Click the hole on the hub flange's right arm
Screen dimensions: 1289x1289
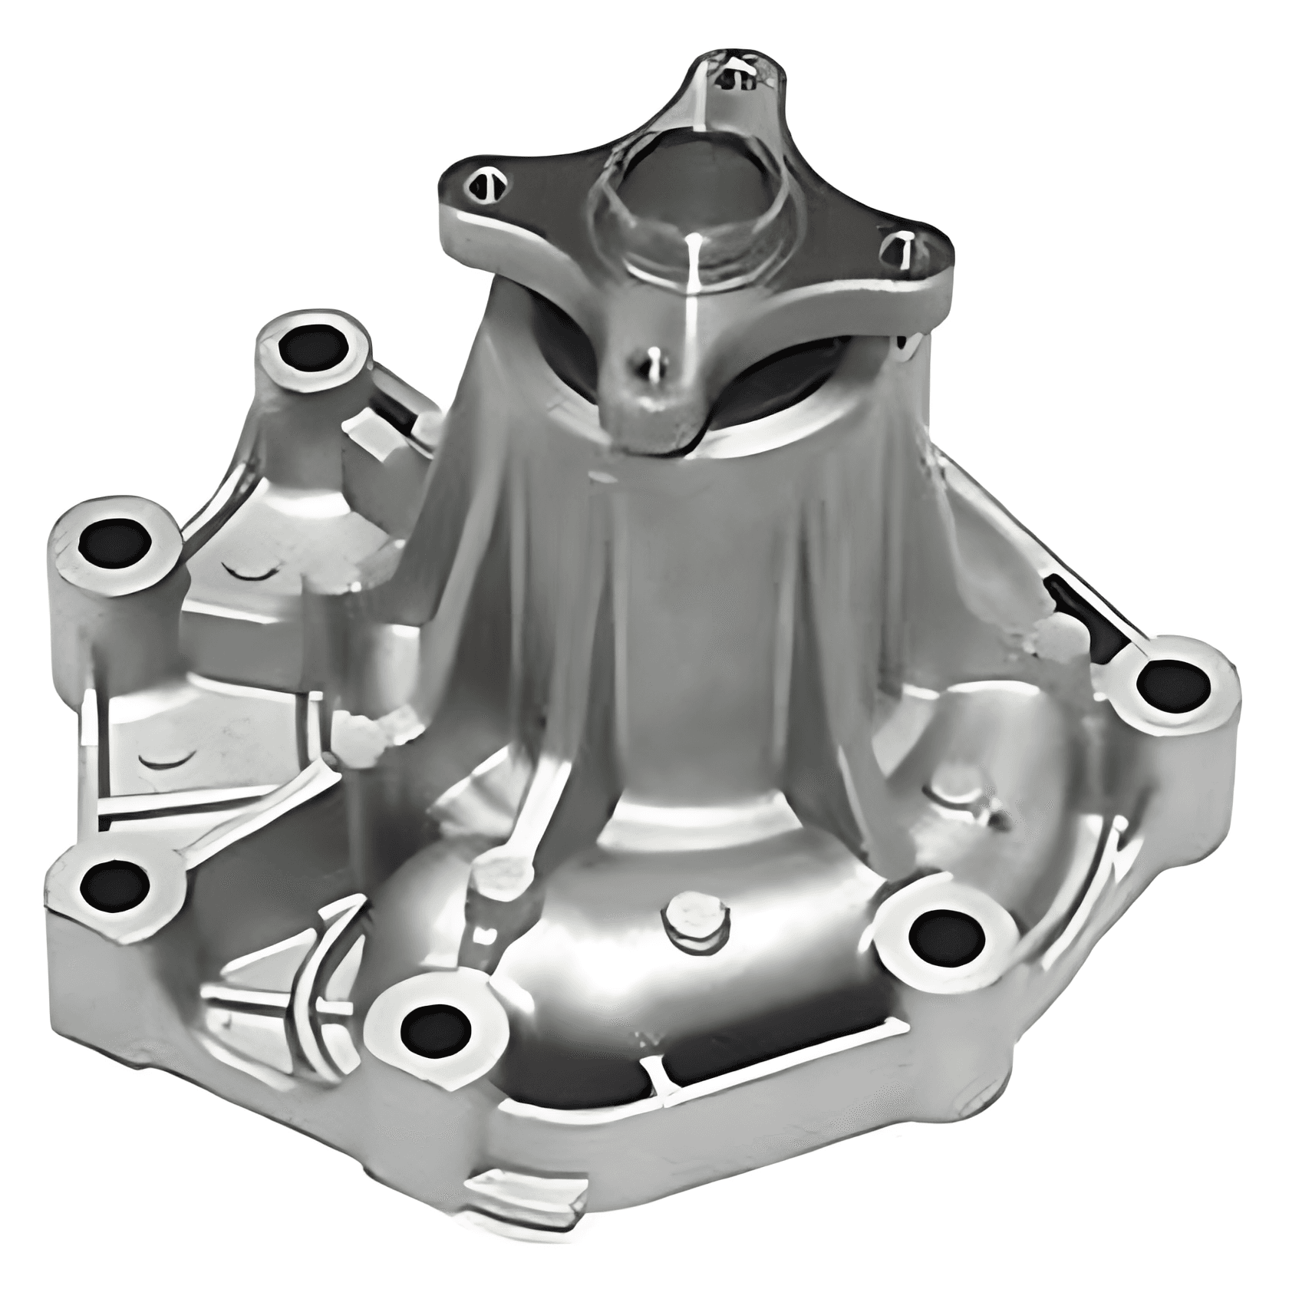[x=896, y=250]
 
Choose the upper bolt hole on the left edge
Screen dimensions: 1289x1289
[x=114, y=543]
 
